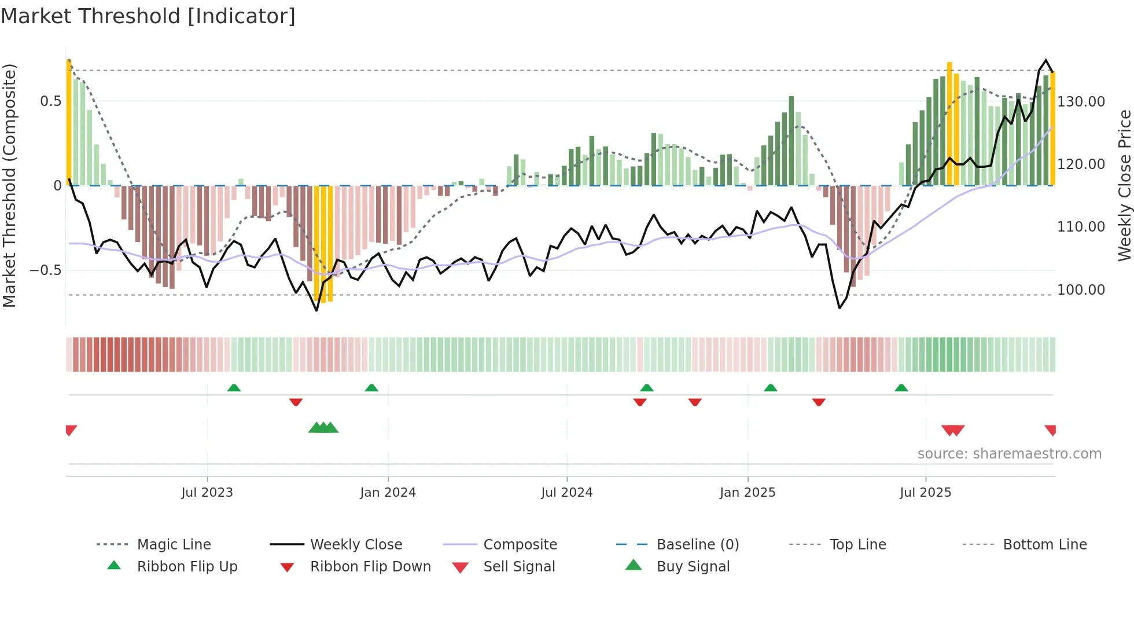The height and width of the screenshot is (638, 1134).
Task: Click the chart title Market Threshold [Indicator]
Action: [x=148, y=16]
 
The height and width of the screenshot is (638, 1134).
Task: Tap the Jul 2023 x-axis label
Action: [x=207, y=492]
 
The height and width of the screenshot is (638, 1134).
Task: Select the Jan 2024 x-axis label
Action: [x=388, y=492]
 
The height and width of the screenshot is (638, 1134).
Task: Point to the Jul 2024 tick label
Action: [x=566, y=492]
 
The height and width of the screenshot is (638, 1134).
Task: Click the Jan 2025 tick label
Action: [x=747, y=492]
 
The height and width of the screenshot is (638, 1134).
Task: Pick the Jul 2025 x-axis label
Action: [x=925, y=492]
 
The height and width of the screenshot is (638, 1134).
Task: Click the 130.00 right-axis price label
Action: [x=1081, y=102]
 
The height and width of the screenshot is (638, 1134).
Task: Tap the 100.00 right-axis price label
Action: [x=1081, y=289]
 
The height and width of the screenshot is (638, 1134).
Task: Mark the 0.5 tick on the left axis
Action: [x=50, y=101]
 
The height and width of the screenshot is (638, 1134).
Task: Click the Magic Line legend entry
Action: [x=174, y=544]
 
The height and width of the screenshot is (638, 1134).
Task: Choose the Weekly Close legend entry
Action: [x=356, y=544]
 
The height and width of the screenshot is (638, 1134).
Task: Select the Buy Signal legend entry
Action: [x=693, y=566]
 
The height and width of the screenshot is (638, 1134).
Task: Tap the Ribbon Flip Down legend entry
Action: [x=370, y=566]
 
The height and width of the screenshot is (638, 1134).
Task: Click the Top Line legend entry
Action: [x=857, y=544]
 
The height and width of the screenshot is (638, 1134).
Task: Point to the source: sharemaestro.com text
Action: [x=1009, y=453]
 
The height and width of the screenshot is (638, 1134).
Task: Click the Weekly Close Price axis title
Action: [x=1124, y=185]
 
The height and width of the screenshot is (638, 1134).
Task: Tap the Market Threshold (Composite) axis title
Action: [x=9, y=185]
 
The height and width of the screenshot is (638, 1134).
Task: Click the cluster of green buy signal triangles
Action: [x=323, y=428]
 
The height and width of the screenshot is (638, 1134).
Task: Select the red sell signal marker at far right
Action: [x=1051, y=430]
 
